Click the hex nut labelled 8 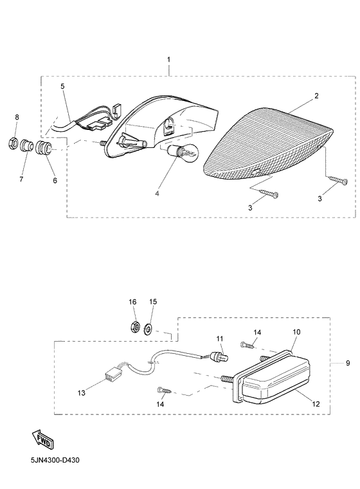tap(13, 143)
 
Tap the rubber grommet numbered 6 tap(42, 148)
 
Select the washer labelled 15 tap(147, 329)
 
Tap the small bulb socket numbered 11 tap(220, 356)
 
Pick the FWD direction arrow tap(42, 439)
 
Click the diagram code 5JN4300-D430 tap(55, 460)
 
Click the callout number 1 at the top tap(168, 59)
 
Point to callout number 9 tap(348, 363)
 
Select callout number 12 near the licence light tap(316, 404)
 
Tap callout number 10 tap(296, 332)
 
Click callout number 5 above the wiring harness tap(62, 86)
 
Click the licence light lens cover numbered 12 tap(276, 381)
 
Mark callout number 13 tap(82, 393)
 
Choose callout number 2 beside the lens tap(316, 96)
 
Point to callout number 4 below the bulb tap(157, 194)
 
